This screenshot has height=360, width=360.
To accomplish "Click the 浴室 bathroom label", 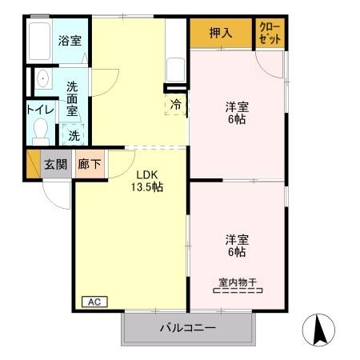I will pos(70,41).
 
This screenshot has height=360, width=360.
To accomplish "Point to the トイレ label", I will pos(38,109).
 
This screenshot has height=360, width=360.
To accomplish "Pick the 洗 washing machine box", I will pos(73,135).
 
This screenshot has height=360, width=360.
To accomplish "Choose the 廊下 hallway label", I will pos(89,164).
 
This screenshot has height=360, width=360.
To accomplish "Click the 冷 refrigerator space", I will pos(175,104).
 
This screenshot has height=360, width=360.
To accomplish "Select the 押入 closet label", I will pos(221,34).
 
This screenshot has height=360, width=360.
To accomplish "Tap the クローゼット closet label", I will pos(270,33).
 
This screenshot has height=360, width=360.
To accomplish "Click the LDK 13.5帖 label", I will pos(147,181).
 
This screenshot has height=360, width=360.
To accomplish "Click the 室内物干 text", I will pos(237,282).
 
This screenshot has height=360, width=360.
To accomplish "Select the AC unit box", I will pos(93,302).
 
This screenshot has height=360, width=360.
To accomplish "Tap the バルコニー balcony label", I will pos(186,327).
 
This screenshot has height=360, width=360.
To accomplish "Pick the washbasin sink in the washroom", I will pos(42,79).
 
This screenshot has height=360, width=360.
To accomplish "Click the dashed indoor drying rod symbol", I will pos(238,291).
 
